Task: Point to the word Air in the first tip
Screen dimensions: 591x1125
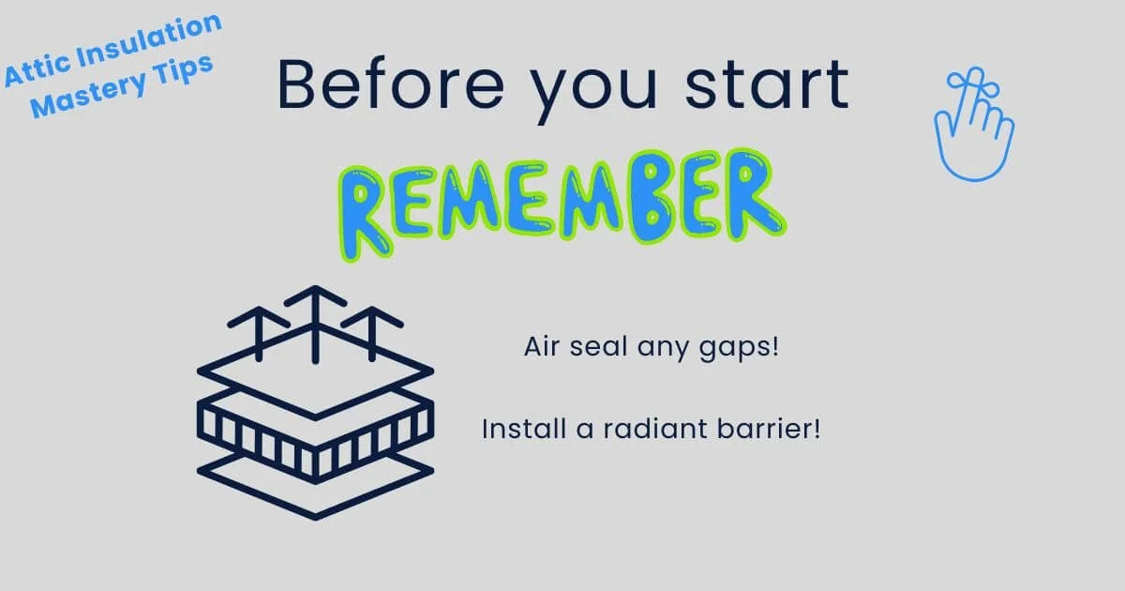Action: coord(541,347)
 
